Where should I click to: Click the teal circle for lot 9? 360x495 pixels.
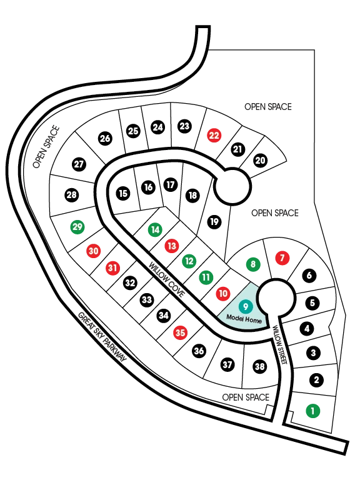(x=246, y=306)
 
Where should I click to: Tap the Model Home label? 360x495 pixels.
(x=244, y=319)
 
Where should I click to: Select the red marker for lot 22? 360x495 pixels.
(x=214, y=136)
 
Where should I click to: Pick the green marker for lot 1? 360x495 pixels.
(x=313, y=411)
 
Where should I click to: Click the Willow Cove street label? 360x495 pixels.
(x=166, y=280)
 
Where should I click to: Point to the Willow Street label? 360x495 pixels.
(x=280, y=345)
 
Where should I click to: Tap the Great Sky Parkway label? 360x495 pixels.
(x=102, y=337)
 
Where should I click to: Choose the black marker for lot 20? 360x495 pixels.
(x=260, y=161)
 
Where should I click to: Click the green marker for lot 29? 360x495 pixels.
(x=77, y=227)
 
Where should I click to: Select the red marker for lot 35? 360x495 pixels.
(x=181, y=332)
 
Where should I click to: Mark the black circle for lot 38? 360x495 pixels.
(x=259, y=366)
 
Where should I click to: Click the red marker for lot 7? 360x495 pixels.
(x=282, y=258)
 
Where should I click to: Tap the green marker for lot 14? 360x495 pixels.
(x=155, y=229)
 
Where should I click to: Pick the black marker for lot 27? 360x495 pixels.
(x=79, y=164)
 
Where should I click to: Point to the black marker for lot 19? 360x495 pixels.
(x=214, y=222)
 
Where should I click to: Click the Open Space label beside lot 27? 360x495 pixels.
(x=46, y=147)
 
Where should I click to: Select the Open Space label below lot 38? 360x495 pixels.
(x=246, y=397)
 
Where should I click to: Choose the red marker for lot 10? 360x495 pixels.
(x=223, y=294)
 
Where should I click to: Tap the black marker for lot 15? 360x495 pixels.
(x=123, y=193)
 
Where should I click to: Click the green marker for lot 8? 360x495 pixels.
(x=253, y=264)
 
